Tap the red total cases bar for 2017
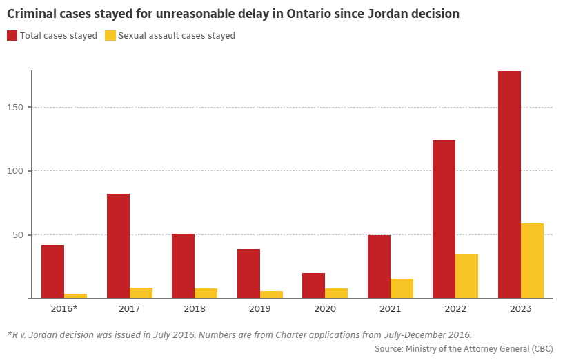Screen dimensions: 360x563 118,246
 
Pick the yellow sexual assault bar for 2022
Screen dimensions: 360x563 467,276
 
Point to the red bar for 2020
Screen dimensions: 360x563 313,286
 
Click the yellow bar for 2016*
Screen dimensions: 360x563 75,296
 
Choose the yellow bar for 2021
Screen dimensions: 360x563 402,288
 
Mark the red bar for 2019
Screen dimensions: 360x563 248,274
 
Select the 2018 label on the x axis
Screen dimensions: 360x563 195,308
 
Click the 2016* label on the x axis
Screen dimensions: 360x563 64,308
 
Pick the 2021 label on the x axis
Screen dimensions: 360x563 391,308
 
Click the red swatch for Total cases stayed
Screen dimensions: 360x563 12,35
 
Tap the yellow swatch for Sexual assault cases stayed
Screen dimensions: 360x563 110,35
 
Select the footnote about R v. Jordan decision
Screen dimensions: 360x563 239,334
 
